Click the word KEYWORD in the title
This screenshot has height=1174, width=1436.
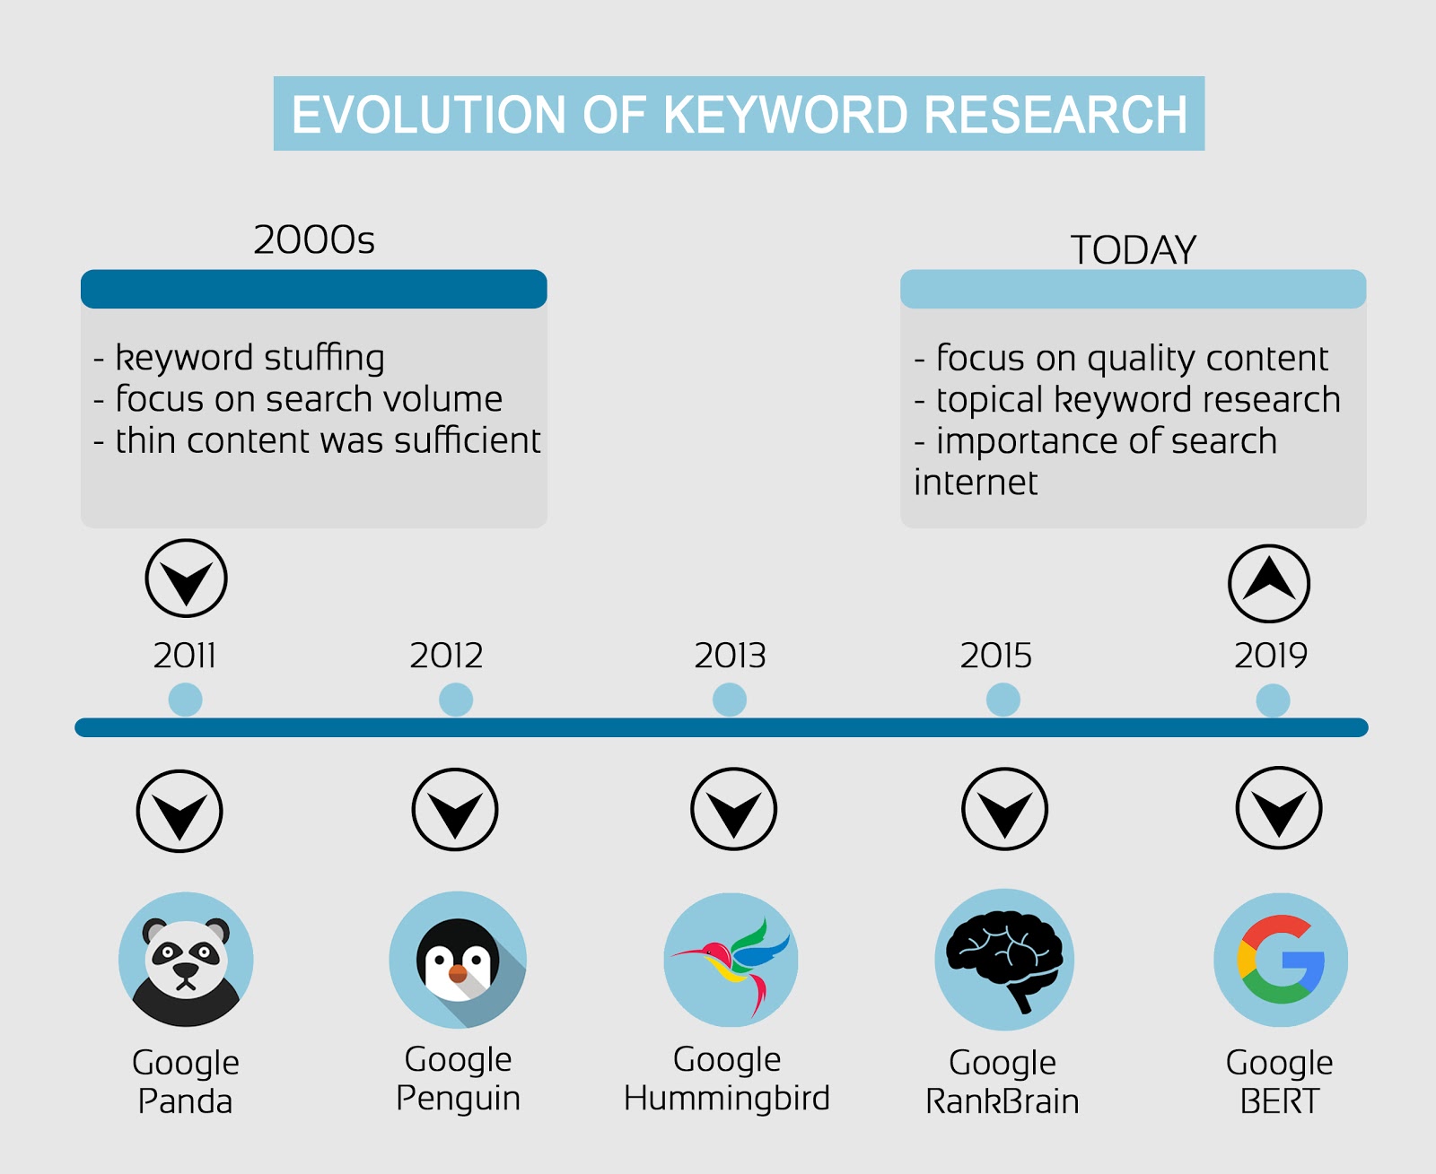tap(785, 114)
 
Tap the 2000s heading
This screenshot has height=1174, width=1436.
tap(314, 240)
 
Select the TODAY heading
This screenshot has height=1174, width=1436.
tap(1133, 249)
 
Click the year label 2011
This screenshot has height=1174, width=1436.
tap(185, 656)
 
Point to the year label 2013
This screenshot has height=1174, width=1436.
tap(730, 656)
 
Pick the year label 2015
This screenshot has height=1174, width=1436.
tap(996, 656)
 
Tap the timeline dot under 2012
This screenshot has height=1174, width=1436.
tap(456, 700)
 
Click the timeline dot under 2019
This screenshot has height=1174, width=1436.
tap(1273, 700)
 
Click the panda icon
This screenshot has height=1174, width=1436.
tap(186, 960)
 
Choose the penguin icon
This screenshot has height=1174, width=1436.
tap(458, 960)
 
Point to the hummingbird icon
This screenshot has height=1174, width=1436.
tap(731, 960)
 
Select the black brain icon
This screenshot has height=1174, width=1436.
tap(1004, 959)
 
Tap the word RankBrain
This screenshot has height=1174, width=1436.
tap(1003, 1102)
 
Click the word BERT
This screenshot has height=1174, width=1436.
tap(1280, 1102)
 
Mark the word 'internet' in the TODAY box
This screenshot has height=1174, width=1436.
tap(976, 483)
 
